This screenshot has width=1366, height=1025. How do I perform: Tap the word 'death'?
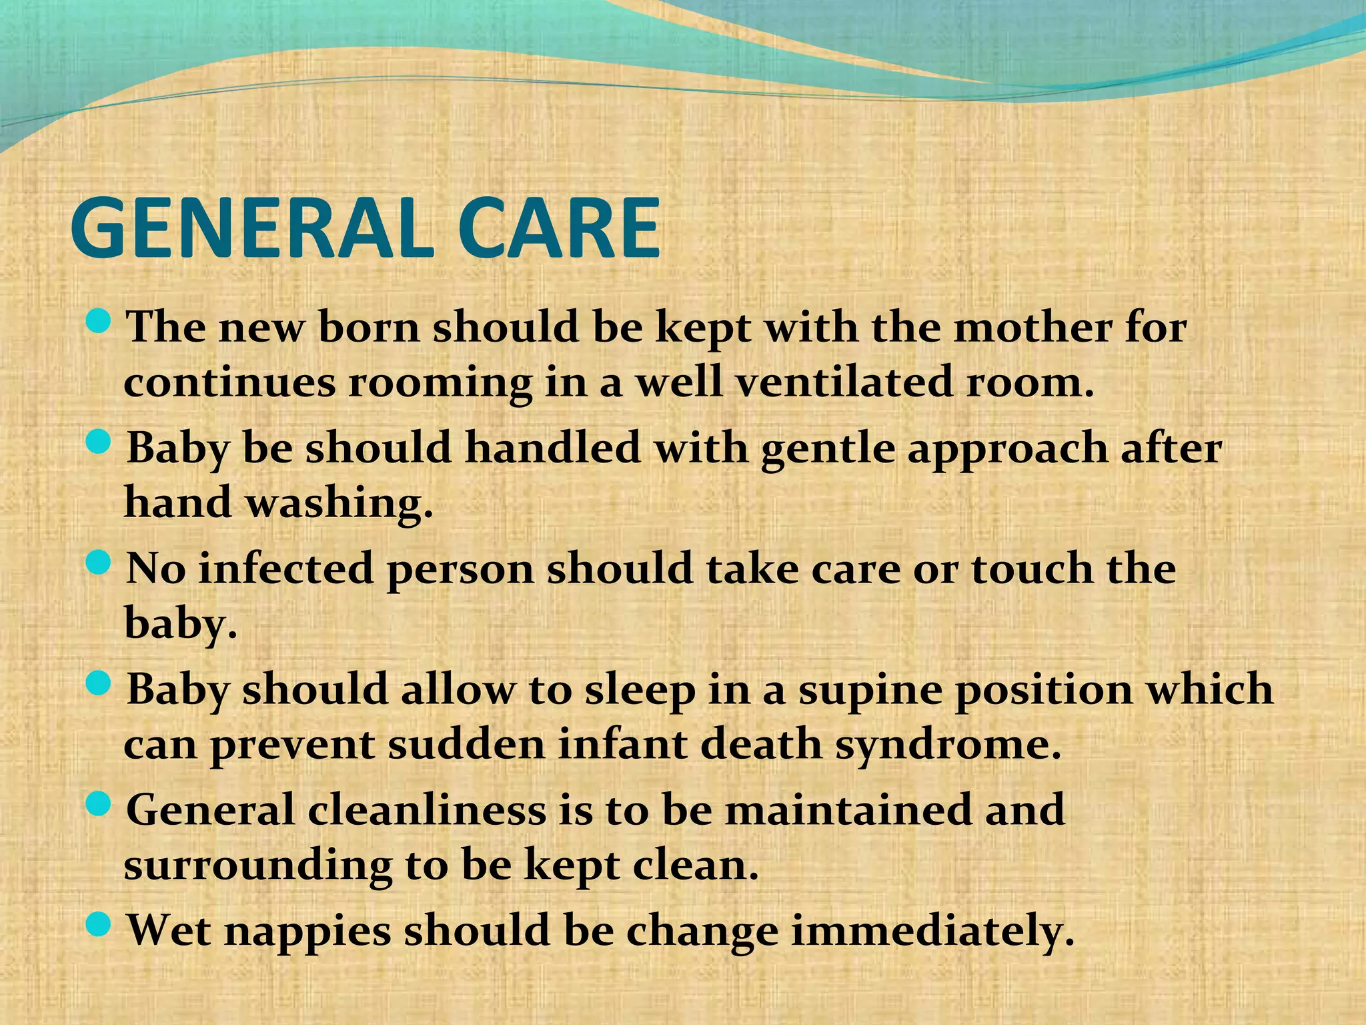click(760, 743)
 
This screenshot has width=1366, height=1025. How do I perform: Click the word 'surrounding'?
click(257, 866)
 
